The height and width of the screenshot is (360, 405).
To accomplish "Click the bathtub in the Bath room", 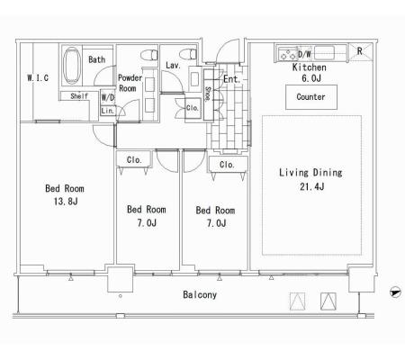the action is click(x=72, y=66).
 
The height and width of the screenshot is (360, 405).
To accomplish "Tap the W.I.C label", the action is click(x=38, y=78).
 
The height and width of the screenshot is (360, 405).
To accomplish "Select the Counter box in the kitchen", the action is click(x=311, y=97).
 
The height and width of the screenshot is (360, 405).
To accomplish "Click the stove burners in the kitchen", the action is click(x=288, y=54).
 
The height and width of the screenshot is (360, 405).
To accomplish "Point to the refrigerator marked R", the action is click(x=360, y=51).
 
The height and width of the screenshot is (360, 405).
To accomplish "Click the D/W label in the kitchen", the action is click(x=304, y=54).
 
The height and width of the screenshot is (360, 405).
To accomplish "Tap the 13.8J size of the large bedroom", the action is click(x=66, y=202).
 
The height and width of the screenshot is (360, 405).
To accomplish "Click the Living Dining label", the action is click(x=310, y=173).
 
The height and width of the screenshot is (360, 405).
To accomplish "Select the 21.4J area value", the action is click(x=311, y=186).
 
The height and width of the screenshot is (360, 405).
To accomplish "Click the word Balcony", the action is click(x=200, y=294).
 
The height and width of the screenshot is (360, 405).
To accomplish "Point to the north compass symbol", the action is click(x=395, y=292).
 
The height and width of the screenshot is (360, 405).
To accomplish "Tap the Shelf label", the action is click(x=79, y=96).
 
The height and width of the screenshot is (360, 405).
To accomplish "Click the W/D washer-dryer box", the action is click(x=108, y=97).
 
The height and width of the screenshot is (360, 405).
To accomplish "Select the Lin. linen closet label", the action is click(x=108, y=111).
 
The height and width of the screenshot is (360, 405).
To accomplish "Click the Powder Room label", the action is click(x=130, y=83).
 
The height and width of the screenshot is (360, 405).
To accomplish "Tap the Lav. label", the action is click(x=173, y=65).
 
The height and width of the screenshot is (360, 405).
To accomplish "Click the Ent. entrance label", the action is click(x=231, y=79).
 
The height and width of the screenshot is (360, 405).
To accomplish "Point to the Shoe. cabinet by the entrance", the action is click(x=208, y=95).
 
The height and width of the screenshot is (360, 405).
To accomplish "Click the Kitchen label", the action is click(x=310, y=67).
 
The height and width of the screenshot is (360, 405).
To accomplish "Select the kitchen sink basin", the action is click(x=324, y=53).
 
